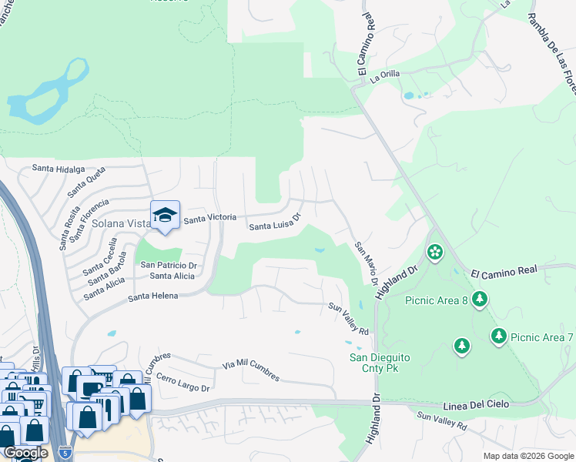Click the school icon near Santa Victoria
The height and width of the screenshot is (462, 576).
[x=165, y=216]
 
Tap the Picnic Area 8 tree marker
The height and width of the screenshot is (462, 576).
[x=480, y=298]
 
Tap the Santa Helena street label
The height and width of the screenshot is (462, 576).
[x=153, y=296]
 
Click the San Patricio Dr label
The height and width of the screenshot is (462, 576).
[x=169, y=265]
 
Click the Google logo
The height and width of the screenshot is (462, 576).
[x=25, y=453]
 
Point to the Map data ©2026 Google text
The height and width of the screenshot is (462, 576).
[x=527, y=456]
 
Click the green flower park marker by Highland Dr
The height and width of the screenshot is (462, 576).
[x=435, y=252]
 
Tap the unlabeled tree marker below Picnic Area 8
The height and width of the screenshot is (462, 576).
[x=461, y=346]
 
